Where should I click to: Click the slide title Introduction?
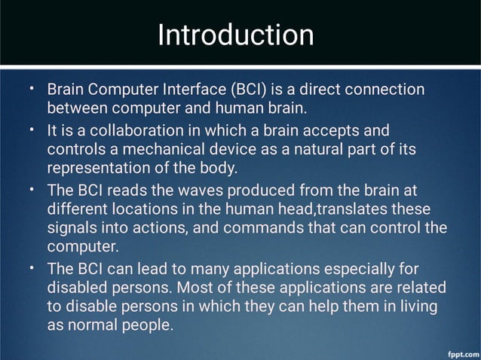click(x=235, y=35)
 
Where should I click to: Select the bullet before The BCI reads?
click(x=31, y=188)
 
